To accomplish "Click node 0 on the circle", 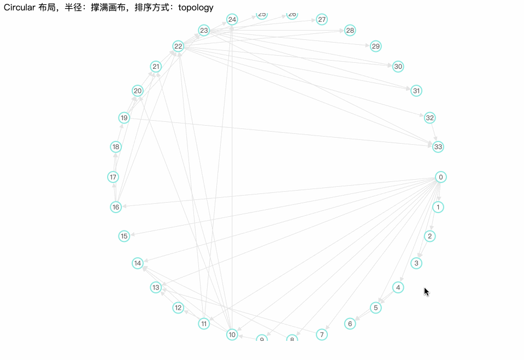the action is click(440, 177).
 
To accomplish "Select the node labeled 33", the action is click(438, 147).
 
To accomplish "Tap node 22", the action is click(178, 46).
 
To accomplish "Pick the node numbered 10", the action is click(232, 334).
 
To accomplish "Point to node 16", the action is click(116, 207).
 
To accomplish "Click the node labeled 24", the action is click(232, 20).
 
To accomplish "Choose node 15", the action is click(124, 236).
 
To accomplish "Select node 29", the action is click(375, 46).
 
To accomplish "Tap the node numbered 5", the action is click(375, 308).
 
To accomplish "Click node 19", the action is click(124, 117).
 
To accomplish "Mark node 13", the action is click(156, 287).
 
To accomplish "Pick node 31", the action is click(416, 91).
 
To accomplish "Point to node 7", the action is click(322, 334).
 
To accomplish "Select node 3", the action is click(416, 263).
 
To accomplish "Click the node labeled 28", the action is click(350, 31).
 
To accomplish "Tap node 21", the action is click(156, 67).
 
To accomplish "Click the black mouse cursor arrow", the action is click(426, 291).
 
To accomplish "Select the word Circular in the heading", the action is click(20, 8).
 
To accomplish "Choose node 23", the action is click(204, 31).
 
